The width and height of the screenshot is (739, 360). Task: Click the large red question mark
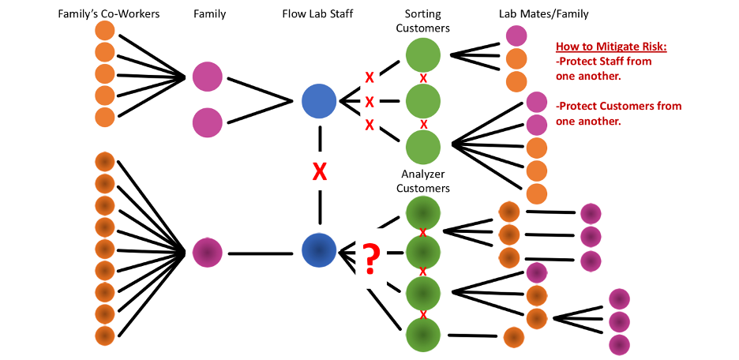pos(371,257)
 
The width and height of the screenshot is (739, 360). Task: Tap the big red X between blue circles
pos(320,172)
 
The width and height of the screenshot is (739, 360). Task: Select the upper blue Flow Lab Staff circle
pos(319,101)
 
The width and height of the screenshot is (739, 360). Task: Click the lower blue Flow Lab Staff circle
pos(319,250)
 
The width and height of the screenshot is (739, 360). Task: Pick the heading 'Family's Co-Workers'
pos(108,13)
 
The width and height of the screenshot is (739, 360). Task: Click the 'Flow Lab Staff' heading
pos(317,13)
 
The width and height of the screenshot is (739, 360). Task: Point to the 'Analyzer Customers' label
pos(422,182)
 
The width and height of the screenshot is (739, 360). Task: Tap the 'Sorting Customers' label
pos(422,21)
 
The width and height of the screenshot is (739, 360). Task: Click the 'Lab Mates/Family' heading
pos(544,14)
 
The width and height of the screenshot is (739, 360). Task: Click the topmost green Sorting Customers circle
pos(422,55)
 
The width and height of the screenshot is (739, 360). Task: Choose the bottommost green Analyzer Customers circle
pos(422,335)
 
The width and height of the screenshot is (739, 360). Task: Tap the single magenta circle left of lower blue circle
pos(208,253)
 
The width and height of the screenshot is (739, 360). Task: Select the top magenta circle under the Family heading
pos(208,77)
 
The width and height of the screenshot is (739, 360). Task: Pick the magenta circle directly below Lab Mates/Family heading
pos(516,36)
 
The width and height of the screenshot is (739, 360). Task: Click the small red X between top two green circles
pos(423,77)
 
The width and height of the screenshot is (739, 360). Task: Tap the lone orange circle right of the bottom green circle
pos(514,337)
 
